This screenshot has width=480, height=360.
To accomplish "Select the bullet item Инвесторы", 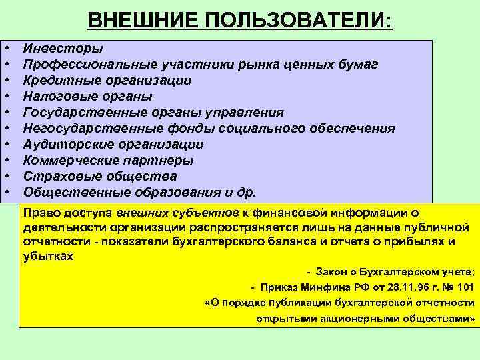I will pyautogui.click(x=63, y=48).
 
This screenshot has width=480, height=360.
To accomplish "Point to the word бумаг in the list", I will pyautogui.click(x=357, y=64).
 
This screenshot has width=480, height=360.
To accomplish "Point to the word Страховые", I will pyautogui.click(x=61, y=177).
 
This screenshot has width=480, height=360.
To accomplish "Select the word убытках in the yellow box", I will pyautogui.click(x=48, y=255).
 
